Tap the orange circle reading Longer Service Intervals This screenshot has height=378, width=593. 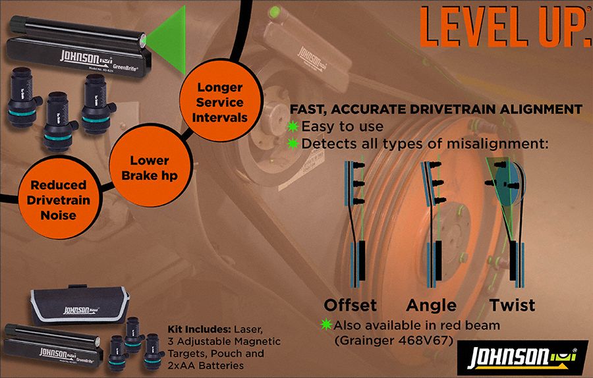220,102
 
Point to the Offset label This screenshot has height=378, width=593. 350,305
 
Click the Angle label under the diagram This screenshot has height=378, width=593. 431,305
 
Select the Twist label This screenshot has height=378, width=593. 512,305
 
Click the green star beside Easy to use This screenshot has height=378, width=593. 294,126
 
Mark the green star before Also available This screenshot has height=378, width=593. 326,325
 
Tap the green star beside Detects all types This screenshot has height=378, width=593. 294,143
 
